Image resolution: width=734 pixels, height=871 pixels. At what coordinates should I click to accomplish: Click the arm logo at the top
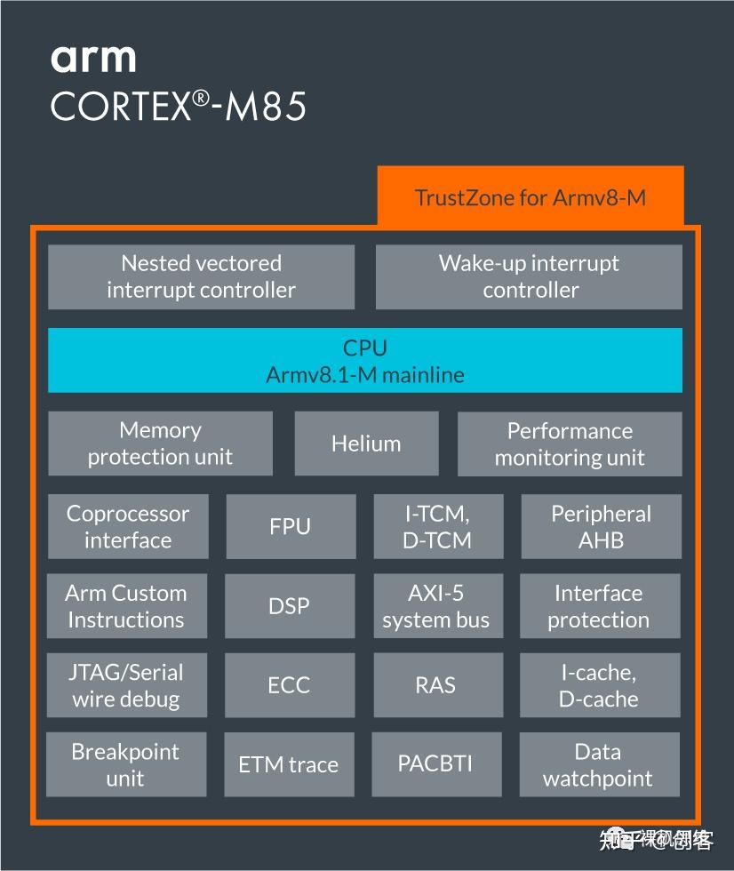pos(93,58)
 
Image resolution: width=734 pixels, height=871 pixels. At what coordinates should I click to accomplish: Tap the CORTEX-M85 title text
pos(179,107)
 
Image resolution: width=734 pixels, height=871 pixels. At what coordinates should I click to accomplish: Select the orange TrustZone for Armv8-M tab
pos(531,196)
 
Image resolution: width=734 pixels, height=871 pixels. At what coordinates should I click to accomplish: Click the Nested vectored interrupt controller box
pos(201,276)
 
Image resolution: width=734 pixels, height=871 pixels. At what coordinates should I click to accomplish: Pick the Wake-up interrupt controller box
pos(529,276)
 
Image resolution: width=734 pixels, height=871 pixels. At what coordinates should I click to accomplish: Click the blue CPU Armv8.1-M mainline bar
pos(364,360)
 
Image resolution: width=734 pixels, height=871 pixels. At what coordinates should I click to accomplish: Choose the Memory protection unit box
pos(160,443)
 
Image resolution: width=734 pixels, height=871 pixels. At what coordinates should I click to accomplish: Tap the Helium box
pos(366,443)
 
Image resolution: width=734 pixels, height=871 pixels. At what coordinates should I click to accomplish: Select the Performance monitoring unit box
pos(570,443)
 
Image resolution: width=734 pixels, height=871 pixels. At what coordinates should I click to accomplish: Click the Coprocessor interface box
pos(128,526)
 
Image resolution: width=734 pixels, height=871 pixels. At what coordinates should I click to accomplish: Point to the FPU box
pos(291,526)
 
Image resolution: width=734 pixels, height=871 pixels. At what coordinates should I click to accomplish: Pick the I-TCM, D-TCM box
pos(437,526)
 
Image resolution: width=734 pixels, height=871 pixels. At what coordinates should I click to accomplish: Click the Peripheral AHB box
pos(601,526)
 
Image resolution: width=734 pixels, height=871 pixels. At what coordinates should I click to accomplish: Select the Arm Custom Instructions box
pos(126,606)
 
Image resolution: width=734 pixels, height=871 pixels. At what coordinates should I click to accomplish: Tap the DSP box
pos(290,606)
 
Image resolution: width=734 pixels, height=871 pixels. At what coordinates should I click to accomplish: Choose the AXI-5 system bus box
pos(436,606)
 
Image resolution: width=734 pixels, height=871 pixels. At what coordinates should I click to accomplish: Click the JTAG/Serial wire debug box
pos(126,685)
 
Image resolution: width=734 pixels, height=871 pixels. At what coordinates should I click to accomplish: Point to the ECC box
pos(290,685)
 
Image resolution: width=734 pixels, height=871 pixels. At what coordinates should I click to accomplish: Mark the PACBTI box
pos(435,763)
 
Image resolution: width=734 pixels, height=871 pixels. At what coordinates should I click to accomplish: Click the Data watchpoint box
pos(598,763)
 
